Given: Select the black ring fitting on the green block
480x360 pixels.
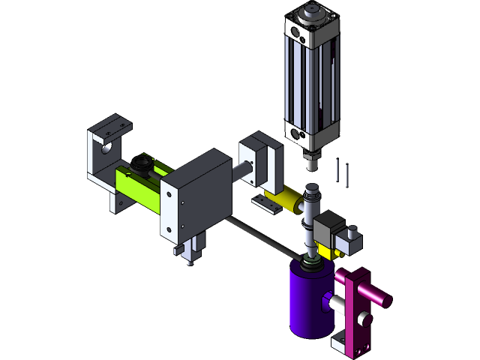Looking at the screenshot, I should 139,163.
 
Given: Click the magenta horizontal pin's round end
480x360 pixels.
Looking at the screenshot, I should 387,300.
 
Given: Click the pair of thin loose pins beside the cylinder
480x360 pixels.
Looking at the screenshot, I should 343,172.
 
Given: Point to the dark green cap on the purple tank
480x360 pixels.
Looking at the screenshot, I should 310,264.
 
